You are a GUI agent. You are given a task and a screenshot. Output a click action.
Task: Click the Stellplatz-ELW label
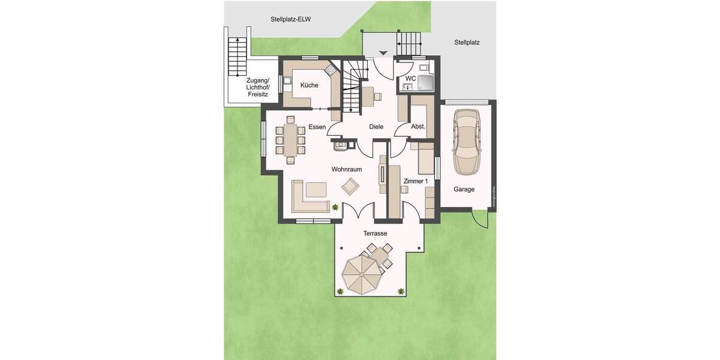290,19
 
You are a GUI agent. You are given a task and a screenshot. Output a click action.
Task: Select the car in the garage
467,142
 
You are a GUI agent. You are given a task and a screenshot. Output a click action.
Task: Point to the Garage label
464,189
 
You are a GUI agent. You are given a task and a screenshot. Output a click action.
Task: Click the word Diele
376,127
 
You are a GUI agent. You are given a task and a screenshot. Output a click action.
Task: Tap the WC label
410,78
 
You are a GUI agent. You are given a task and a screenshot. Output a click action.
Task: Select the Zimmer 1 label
416,181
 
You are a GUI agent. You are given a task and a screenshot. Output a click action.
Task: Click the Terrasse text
375,233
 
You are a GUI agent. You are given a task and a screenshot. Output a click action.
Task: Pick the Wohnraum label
347,170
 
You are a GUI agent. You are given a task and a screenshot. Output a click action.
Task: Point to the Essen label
317,127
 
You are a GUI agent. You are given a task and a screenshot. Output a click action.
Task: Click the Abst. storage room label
418,127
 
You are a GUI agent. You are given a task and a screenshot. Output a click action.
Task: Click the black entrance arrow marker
383,53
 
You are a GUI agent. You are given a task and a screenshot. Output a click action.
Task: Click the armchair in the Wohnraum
349,187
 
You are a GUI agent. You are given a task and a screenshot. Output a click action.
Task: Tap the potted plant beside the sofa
335,207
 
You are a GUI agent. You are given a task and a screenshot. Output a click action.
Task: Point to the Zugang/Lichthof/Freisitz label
258,87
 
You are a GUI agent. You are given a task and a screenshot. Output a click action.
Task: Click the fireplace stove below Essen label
340,143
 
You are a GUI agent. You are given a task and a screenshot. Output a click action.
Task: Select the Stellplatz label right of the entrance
467,43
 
